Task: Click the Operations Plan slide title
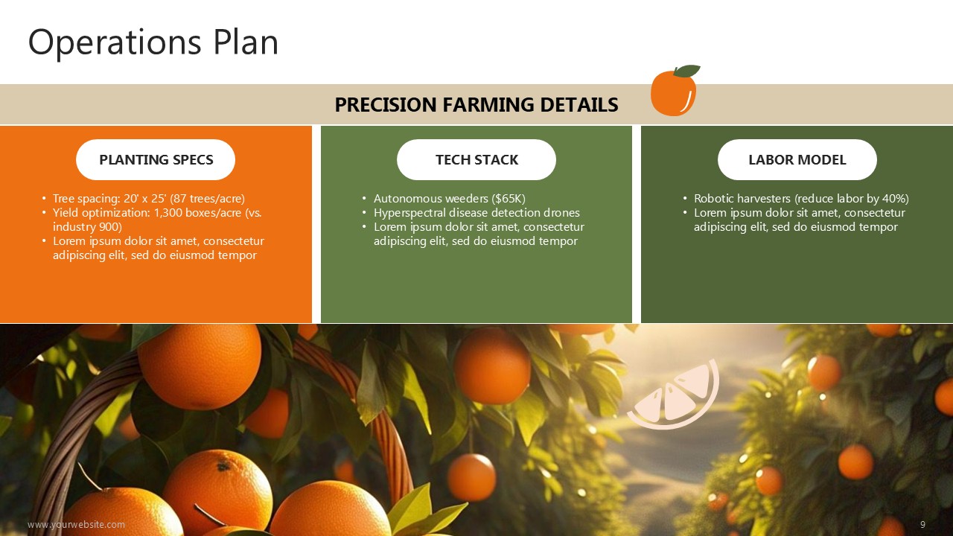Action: [153, 43]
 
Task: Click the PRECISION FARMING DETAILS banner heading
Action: [476, 105]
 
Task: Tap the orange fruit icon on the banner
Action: [675, 91]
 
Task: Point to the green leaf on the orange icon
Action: [686, 71]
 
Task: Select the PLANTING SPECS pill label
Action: [156, 159]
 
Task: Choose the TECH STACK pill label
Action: [476, 159]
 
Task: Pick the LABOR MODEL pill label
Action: [797, 159]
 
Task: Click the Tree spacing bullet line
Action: [148, 199]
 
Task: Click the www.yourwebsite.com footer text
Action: [76, 525]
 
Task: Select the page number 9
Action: [922, 525]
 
